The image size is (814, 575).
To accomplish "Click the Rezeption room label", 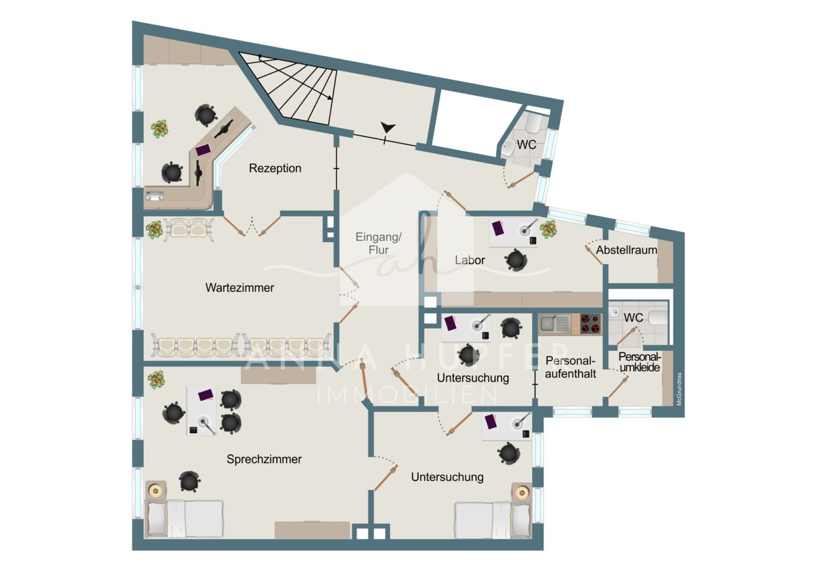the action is point(275,168).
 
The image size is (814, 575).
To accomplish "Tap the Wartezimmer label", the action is point(240,287).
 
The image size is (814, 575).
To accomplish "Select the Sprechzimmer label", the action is point(264,459).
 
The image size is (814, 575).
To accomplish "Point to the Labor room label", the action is point(470,260).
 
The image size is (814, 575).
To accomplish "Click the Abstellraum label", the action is point(626,250).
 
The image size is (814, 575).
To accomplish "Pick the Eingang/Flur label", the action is point(378,243).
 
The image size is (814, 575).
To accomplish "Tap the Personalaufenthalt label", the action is point(570,367).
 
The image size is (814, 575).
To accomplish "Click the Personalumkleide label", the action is point(640,362).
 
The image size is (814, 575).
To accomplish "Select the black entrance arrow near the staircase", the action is point(388,127).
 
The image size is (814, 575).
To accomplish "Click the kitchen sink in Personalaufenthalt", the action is point(554,323).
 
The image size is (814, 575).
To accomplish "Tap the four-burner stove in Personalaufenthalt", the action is point(590,324).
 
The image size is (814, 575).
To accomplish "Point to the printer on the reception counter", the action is point(155,196).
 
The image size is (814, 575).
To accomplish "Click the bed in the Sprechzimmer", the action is point(184,519).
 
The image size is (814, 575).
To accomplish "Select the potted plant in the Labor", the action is point(548,229).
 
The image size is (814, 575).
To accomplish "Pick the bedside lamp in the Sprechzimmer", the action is point(156,491).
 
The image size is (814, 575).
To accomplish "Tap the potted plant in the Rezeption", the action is point(159,129).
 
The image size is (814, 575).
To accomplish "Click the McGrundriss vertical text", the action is point(679,389).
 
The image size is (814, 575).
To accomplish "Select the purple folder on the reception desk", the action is point(203,150).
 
